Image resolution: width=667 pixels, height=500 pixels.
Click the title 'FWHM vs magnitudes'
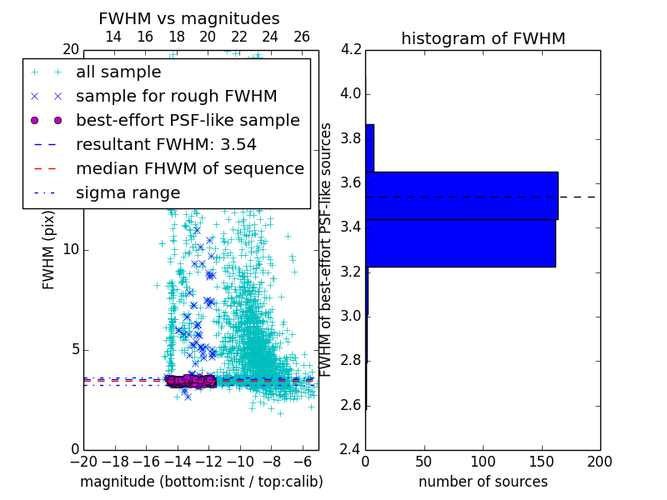[x=189, y=18]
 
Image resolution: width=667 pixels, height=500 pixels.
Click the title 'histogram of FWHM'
[x=483, y=38]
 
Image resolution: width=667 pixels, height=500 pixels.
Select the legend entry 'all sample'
[x=118, y=72]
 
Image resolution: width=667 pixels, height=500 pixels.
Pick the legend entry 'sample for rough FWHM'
[x=176, y=96]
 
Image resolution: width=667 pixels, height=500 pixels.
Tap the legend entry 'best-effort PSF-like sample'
[x=188, y=120]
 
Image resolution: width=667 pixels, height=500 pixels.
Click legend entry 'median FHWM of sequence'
[x=189, y=168]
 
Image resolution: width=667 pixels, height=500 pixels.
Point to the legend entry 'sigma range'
[x=128, y=192]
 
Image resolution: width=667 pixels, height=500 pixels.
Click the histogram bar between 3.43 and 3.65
[x=461, y=196]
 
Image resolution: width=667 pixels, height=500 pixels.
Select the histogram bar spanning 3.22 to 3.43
[x=460, y=243]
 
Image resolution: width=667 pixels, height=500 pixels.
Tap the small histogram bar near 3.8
[x=369, y=148]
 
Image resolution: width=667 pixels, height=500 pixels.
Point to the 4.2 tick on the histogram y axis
[x=352, y=49]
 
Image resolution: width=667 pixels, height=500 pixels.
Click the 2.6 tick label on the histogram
[x=352, y=405]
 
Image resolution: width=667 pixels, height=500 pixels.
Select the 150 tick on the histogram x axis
[x=541, y=462]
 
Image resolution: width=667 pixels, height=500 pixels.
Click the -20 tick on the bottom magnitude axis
[x=83, y=462]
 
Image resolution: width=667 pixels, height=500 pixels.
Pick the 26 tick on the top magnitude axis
[x=302, y=37]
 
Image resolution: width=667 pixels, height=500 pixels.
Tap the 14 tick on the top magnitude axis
[x=113, y=37]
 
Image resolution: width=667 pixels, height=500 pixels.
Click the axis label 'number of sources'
[x=483, y=482]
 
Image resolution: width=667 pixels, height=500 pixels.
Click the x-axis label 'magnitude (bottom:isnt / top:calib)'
[x=201, y=482]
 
